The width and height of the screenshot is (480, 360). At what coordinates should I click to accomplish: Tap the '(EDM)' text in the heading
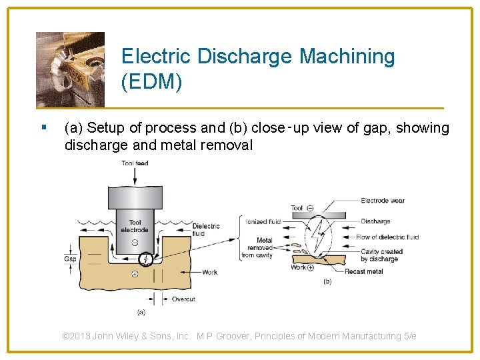coord(151,83)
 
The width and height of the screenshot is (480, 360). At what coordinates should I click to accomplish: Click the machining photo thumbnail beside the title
coord(70,69)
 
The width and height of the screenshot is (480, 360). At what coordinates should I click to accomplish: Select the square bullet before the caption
coord(43,127)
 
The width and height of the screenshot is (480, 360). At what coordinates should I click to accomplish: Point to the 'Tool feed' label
coord(135,163)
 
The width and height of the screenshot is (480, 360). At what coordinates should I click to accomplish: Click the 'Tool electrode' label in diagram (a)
coord(135,226)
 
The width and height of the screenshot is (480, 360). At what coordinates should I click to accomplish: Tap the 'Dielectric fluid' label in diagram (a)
coord(206,229)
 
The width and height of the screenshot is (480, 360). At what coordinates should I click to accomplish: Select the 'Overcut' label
coord(183,299)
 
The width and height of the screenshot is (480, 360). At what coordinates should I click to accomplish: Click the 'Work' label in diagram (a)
coord(210,272)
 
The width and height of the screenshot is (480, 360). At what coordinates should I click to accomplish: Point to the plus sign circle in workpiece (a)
coord(134,274)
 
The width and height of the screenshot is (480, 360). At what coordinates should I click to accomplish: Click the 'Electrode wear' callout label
coord(383,201)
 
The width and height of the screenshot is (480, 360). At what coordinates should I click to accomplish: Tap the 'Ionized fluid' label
coord(263,222)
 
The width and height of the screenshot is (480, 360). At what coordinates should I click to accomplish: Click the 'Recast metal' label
coord(364,272)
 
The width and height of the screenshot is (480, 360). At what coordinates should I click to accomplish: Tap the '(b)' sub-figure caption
coord(327,281)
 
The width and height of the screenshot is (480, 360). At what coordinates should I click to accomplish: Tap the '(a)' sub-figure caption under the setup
coord(141,312)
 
